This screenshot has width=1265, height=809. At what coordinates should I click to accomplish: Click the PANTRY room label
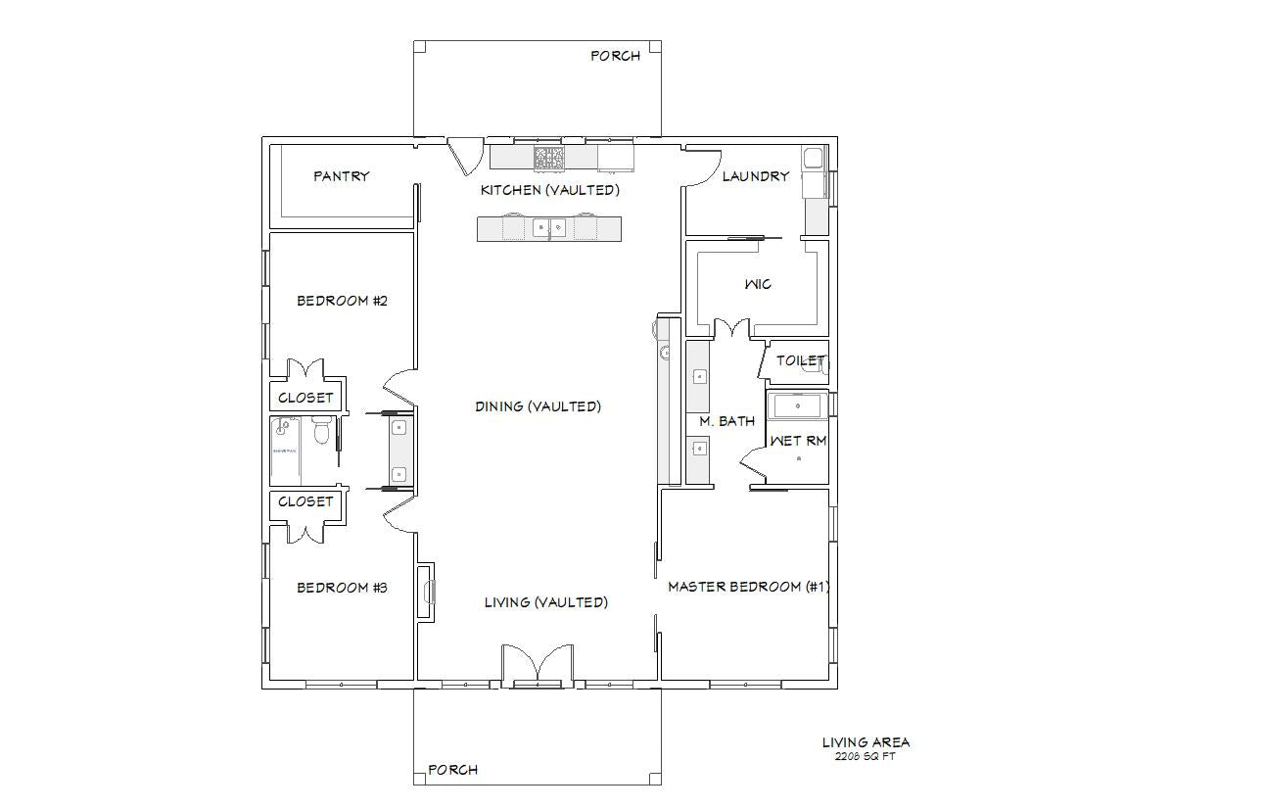pos(341,176)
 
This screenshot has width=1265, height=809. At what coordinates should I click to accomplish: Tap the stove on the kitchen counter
pos(549,158)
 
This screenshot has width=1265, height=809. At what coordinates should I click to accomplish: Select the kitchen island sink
pos(549,228)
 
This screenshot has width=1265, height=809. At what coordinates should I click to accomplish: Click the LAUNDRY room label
pos(756,176)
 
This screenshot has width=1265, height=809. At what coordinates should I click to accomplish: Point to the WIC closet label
pos(758,284)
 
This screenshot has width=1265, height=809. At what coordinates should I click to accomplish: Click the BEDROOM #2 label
pos(343,301)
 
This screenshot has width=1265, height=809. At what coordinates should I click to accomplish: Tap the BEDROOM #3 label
pos(343,588)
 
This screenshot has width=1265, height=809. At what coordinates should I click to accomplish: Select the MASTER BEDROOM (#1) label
pos(749,587)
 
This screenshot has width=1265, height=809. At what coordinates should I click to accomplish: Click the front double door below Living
pos(538,665)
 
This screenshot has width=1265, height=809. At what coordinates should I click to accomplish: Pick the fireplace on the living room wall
pos(426,592)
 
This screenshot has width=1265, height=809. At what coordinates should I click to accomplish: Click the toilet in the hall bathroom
pos(321,431)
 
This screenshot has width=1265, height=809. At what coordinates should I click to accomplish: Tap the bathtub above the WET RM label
pos(797,406)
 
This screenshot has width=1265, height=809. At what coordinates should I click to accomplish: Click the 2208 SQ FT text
pos(866,756)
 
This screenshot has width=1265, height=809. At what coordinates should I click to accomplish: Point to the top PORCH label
pos(616,56)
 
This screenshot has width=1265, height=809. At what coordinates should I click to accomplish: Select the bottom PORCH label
pos(453,770)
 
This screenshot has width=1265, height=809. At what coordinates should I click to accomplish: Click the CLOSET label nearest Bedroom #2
pos(305,398)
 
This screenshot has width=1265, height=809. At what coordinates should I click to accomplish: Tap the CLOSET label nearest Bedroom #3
pos(305,501)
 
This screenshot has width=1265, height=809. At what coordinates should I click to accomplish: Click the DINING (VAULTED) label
pos(539,406)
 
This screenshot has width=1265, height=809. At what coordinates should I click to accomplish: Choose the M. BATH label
pos(726,421)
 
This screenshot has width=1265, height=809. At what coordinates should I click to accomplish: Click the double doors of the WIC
pos(732,329)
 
